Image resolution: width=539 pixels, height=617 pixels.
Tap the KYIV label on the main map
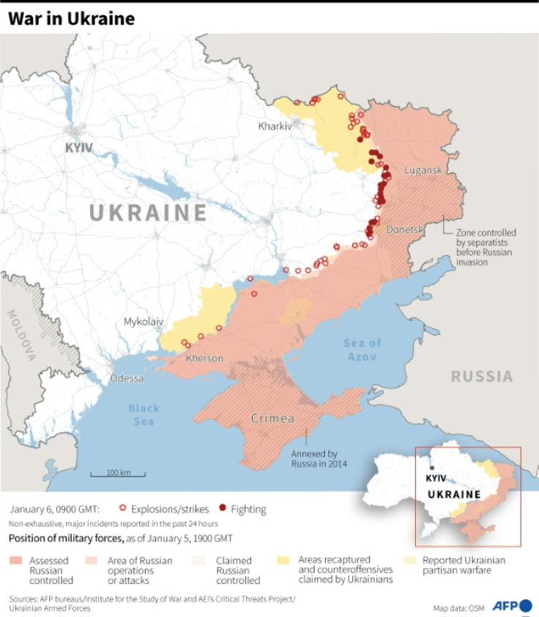pyautogui.click(x=79, y=148)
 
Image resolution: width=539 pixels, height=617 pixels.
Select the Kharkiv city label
pyautogui.click(x=275, y=126)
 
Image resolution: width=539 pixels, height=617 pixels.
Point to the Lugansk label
pyautogui.click(x=423, y=170)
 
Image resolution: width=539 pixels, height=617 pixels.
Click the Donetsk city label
pyautogui.click(x=405, y=229)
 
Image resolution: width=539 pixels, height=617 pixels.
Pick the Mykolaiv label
pyautogui.click(x=144, y=321)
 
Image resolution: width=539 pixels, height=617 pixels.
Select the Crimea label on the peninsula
pyautogui.click(x=272, y=419)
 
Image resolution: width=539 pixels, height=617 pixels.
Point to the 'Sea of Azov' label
pyautogui.click(x=363, y=350)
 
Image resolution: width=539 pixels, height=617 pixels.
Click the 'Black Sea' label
pyautogui.click(x=144, y=415)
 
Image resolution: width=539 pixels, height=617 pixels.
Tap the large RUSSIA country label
pyautogui.click(x=481, y=377)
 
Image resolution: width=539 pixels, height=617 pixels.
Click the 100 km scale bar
pyautogui.click(x=118, y=474)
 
